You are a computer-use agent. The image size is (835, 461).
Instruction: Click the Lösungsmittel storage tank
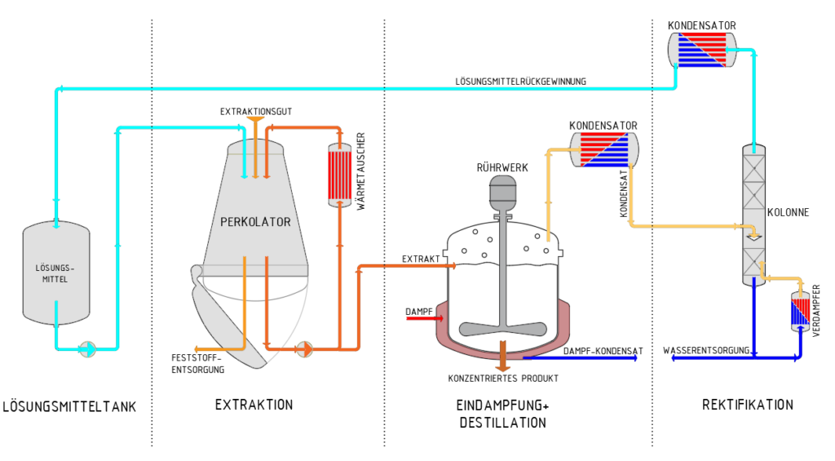56,273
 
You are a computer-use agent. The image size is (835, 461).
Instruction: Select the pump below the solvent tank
88,349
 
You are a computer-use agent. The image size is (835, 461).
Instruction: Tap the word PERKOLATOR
255,222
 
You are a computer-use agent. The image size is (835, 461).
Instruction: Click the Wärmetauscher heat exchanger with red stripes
340,175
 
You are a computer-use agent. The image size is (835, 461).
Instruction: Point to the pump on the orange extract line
305,349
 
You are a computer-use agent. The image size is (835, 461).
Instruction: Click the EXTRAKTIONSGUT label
255,112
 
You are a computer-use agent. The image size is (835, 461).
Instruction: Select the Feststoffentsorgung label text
197,363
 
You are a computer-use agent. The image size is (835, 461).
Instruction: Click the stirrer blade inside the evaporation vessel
502,328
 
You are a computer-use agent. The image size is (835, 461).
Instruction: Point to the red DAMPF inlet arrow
425,319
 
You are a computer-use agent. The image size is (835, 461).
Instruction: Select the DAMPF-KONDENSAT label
603,351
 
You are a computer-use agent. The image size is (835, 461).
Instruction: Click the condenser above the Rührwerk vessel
604,149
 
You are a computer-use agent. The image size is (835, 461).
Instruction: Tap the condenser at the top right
702,50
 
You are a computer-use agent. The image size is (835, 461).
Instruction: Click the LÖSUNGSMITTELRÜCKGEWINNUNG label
520,82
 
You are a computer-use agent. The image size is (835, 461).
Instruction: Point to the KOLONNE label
789,213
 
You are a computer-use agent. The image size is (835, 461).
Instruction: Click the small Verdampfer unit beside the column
800,312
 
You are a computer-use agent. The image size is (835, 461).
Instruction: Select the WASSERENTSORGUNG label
706,350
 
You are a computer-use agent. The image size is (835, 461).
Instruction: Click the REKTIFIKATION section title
748,405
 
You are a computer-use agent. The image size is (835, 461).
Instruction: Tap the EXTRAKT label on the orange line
421,259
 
